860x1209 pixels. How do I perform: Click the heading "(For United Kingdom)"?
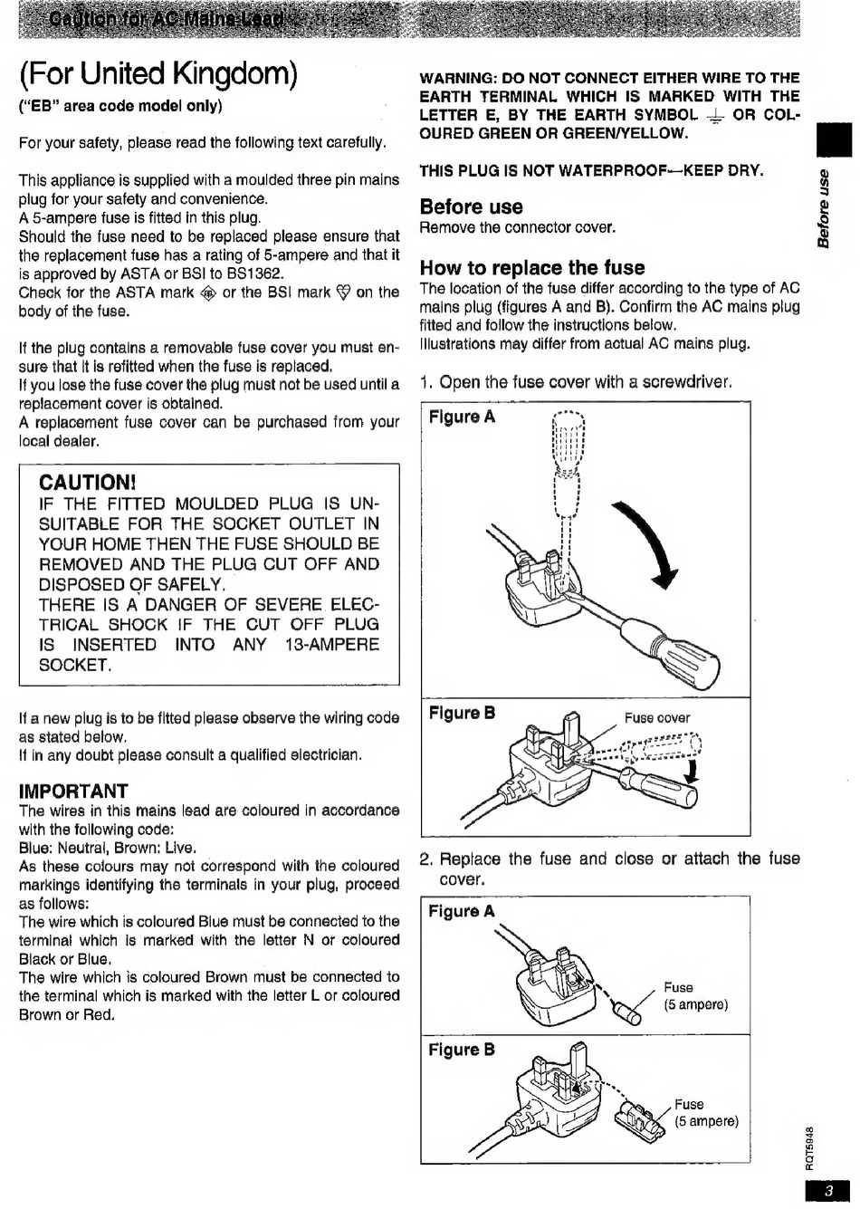point(158,73)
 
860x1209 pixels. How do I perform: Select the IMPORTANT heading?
point(73,791)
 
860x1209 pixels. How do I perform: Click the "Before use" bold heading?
point(471,206)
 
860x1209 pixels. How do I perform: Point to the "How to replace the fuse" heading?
point(532,267)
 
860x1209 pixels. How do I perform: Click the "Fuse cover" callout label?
point(657,718)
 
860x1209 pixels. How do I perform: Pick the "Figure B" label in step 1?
point(462,714)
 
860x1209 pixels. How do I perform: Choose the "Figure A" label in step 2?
point(462,912)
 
